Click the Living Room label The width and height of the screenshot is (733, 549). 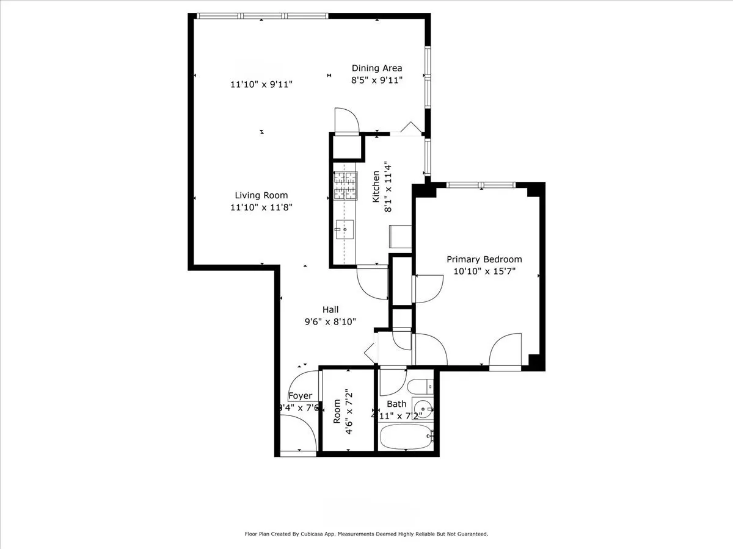click(x=261, y=195)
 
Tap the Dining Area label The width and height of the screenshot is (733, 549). click(x=376, y=68)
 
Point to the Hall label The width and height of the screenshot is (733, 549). click(x=330, y=310)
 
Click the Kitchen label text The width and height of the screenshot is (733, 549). click(x=376, y=187)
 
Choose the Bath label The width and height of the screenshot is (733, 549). click(x=396, y=404)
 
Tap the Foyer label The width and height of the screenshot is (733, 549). click(x=300, y=396)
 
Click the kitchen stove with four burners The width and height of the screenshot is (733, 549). click(x=345, y=187)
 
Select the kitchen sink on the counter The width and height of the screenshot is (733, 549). click(x=344, y=231)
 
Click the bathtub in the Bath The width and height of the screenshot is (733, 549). click(x=406, y=437)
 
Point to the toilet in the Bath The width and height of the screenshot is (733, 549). click(x=420, y=386)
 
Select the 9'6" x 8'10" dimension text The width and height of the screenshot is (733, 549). click(x=330, y=321)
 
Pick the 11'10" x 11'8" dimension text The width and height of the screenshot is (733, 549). click(x=261, y=207)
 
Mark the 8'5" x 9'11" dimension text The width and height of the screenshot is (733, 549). click(x=376, y=80)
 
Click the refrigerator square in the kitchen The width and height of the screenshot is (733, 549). click(x=400, y=236)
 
